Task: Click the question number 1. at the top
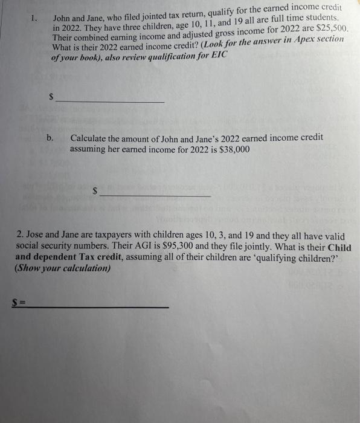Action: pyautogui.click(x=34, y=19)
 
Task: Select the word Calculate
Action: pyautogui.click(x=91, y=138)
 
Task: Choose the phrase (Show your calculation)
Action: pyautogui.click(x=63, y=268)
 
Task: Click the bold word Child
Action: pyautogui.click(x=339, y=247)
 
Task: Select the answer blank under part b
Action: pyautogui.click(x=155, y=195)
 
